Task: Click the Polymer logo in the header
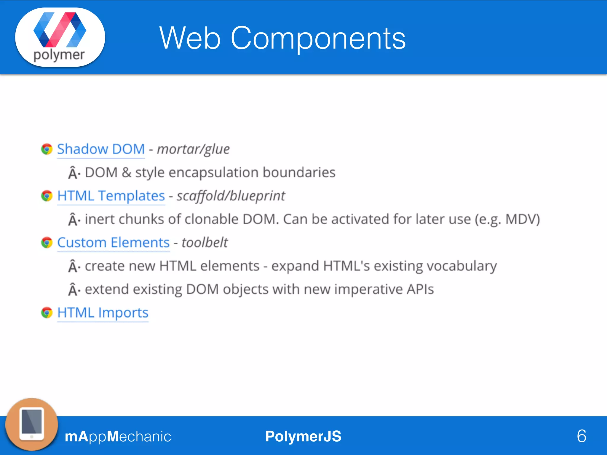pos(60,37)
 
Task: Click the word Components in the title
pos(318,39)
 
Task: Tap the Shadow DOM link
pos(101,149)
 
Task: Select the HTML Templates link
pos(111,196)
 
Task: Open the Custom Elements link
pos(113,243)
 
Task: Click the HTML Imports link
pos(103,313)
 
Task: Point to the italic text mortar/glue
pos(193,149)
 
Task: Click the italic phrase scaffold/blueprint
pos(231,196)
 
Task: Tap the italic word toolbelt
pos(205,243)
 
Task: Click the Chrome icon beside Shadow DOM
pos(47,149)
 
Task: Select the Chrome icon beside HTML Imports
pos(47,313)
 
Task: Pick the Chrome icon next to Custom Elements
pos(47,243)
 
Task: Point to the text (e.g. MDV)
pos(507,220)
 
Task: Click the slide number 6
pos(582,436)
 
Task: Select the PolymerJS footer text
pos(303,436)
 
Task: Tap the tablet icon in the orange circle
pos(32,424)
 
